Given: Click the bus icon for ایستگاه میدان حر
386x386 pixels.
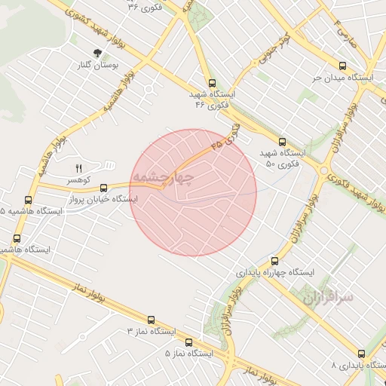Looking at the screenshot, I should click(343, 66).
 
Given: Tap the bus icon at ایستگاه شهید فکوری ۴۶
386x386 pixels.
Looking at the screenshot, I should click(212, 84).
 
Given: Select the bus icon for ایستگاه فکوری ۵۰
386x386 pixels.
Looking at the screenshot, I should click(282, 141).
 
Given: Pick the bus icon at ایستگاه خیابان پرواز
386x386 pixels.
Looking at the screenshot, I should click(104, 188).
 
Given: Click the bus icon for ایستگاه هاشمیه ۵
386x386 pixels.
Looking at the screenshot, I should click(28, 200).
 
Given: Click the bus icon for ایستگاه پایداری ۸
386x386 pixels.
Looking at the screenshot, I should click(360, 353).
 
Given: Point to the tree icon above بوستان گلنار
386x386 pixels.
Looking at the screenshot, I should click(97, 53).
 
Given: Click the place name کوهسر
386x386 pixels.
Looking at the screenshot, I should click(77, 181).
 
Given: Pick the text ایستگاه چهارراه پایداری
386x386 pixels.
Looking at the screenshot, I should click(275, 271).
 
